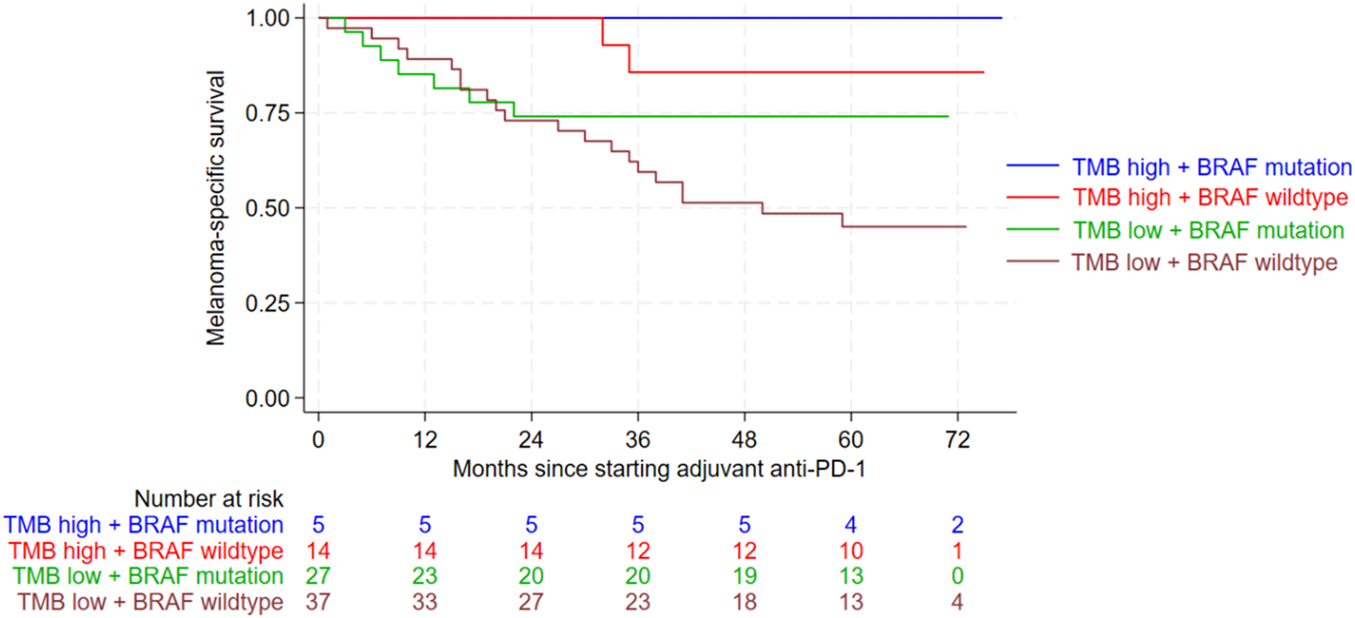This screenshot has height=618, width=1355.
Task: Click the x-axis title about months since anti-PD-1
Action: coord(665,470)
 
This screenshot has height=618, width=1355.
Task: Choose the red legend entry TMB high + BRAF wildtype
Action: coord(1211,198)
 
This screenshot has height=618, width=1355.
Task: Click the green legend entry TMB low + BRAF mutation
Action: coord(1209,230)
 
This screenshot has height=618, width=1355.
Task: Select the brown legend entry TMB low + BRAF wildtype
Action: coord(1205,261)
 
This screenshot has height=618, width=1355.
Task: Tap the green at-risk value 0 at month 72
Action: coord(957,577)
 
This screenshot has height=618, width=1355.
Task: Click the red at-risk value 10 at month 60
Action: coord(850,551)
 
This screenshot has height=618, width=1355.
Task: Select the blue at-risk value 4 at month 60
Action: coord(850,525)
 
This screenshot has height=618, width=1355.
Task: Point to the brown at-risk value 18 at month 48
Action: coord(744,603)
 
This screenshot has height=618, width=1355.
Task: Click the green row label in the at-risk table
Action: coord(147,577)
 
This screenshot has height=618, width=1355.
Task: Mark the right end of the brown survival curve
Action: coord(966,227)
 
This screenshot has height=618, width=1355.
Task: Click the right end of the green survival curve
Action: coord(948,116)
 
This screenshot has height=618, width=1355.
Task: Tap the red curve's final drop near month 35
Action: coord(629,58)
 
